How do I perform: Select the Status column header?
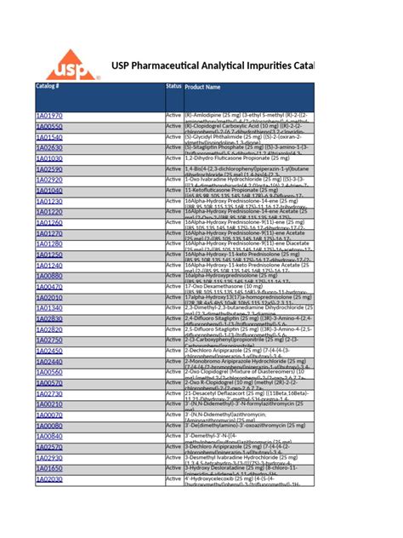tap(173, 87)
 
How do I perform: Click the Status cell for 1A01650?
tap(173, 468)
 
